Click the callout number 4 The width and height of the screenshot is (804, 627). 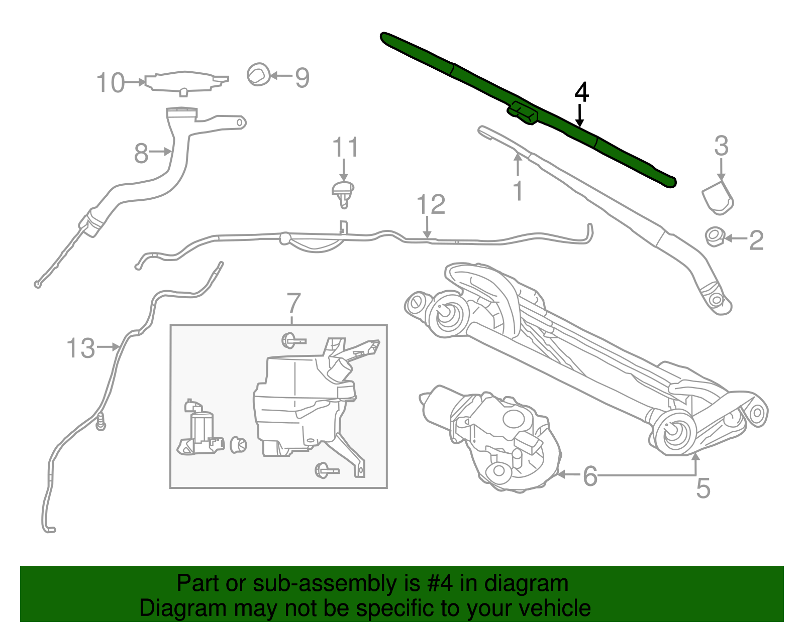581,92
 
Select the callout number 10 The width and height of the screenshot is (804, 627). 110,82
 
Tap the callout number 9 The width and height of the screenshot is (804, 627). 301,77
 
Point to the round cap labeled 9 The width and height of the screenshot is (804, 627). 259,75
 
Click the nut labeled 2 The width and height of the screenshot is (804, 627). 714,236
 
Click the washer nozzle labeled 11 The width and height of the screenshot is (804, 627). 343,193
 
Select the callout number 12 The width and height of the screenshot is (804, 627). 431,204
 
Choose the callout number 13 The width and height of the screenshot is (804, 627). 80,348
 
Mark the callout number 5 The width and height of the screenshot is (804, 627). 703,488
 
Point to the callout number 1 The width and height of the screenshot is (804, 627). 518,191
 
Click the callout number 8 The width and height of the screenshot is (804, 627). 141,153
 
